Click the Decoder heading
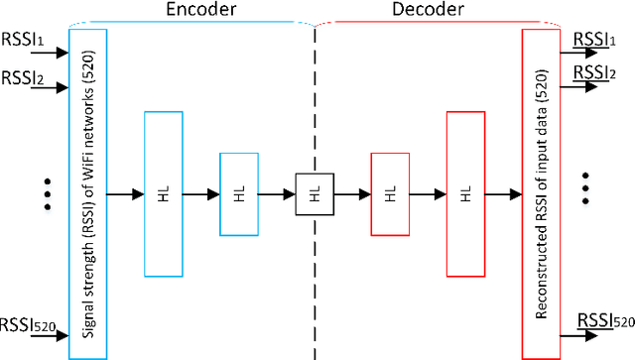(x=430, y=11)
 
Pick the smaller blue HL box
(x=238, y=193)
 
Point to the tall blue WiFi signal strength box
(x=87, y=193)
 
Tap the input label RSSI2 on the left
(x=22, y=76)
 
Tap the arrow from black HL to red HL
(x=351, y=193)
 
